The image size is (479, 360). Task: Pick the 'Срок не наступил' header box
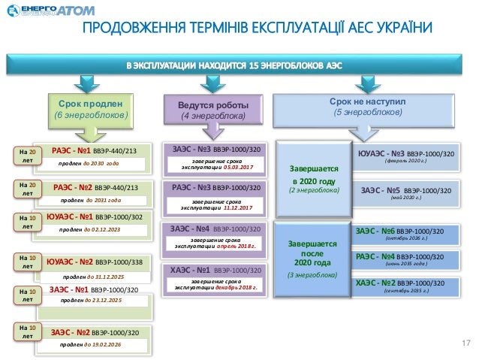367,105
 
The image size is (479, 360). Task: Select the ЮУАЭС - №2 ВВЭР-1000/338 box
98,268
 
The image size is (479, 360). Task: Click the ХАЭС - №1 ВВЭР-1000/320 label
215,269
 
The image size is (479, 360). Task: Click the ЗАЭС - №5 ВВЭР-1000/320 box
405,194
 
